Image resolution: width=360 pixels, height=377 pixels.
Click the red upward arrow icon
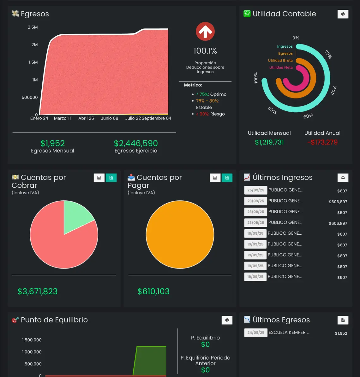point(205,32)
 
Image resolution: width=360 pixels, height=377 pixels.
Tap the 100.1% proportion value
point(205,51)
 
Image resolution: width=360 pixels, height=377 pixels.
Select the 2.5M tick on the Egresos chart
point(33,27)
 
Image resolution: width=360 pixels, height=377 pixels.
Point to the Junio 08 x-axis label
point(110,118)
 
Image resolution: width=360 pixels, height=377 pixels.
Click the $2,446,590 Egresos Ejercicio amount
point(136,143)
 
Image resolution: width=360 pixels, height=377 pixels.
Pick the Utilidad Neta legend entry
point(281,67)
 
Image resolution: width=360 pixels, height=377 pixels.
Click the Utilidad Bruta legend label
point(280,60)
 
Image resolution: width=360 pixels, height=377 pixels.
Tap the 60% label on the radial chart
point(308,116)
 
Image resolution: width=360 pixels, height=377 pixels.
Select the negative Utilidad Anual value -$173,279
point(322,142)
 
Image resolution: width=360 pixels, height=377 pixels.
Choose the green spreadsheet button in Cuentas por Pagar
point(227,178)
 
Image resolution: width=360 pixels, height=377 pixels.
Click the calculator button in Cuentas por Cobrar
point(99,178)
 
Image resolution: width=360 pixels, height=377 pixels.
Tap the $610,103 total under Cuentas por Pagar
point(153,292)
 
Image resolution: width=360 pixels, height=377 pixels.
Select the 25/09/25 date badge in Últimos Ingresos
point(255,190)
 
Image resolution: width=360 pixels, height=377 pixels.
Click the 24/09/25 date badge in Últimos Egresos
point(255,333)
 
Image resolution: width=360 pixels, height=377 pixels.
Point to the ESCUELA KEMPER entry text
point(289,332)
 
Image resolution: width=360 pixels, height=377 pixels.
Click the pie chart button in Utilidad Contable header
point(343,14)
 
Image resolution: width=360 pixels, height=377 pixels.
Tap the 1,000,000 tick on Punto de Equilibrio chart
point(32,352)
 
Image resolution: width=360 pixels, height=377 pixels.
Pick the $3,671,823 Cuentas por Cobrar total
point(37,292)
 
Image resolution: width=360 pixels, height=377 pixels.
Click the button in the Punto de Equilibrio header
point(227,320)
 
